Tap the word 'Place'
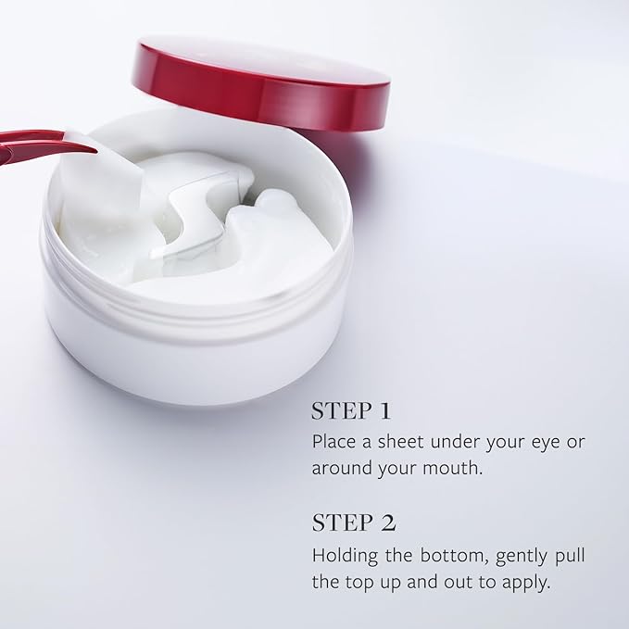(x=333, y=441)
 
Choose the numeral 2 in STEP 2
(x=388, y=522)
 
